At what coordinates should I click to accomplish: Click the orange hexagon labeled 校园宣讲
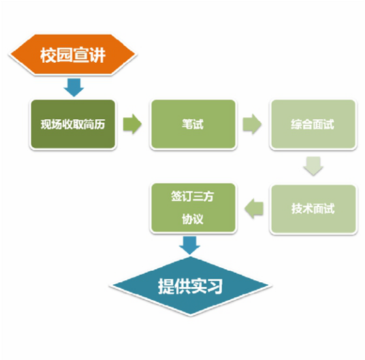[x=73, y=55]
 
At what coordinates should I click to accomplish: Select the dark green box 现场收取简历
[x=73, y=124]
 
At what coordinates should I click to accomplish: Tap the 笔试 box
[x=193, y=124]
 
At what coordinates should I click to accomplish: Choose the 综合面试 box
[x=313, y=124]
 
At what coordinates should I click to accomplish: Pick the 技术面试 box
[x=313, y=209]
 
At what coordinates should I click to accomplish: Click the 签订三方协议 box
[x=193, y=208]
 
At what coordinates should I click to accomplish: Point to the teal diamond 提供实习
[x=190, y=286]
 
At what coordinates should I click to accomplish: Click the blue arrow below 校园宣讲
[x=74, y=87]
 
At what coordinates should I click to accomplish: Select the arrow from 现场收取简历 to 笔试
[x=132, y=124]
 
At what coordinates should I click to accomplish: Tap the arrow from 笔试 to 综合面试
[x=252, y=124]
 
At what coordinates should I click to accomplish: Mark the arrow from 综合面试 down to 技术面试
[x=313, y=166]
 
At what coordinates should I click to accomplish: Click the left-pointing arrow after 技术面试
[x=254, y=209]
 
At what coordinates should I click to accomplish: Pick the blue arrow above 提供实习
[x=189, y=245]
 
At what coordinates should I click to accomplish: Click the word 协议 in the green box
[x=193, y=219]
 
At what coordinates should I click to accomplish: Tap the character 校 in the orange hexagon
[x=48, y=55]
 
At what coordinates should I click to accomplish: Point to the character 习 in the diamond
[x=215, y=286]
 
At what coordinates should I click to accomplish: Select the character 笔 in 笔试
[x=187, y=124]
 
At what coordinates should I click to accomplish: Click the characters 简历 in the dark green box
[x=94, y=124]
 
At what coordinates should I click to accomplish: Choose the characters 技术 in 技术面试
[x=302, y=209]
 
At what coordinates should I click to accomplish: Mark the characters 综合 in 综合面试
[x=302, y=124]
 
